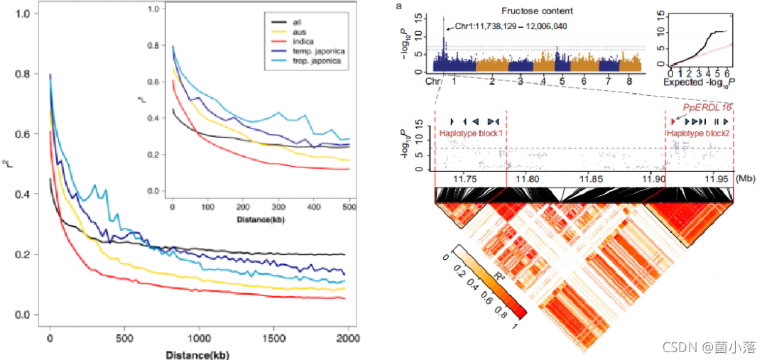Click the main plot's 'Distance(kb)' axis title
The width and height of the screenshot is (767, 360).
(x=197, y=354)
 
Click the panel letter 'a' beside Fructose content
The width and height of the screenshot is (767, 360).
(x=399, y=6)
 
